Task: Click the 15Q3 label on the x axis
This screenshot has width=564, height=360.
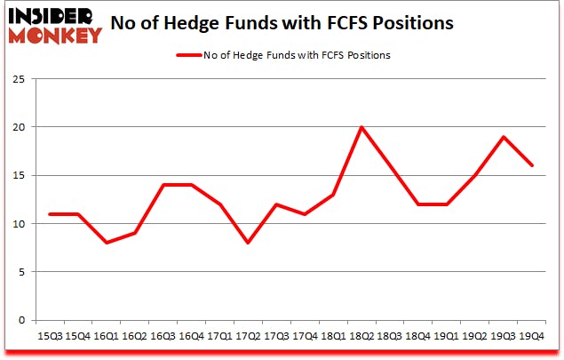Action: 49,337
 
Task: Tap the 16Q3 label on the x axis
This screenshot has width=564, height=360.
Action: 163,337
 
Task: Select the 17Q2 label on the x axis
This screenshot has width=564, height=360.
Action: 249,337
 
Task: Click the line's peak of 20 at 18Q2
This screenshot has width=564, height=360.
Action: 361,127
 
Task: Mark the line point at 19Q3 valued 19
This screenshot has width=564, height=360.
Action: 504,137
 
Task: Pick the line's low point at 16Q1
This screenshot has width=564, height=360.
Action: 106,243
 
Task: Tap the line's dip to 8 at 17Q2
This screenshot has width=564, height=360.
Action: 248,243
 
